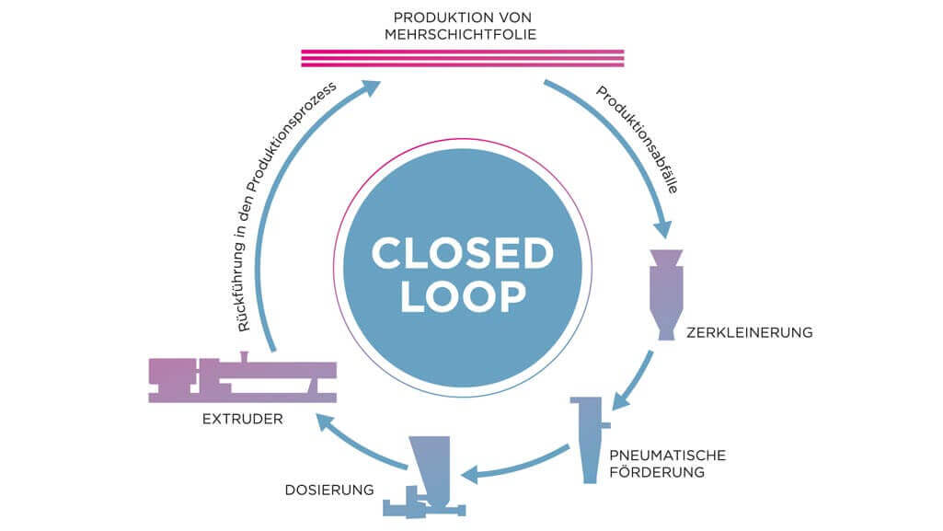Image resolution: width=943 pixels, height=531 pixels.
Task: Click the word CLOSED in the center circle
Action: point(463,253)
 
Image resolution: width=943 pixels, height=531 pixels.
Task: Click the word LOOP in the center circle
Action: point(463,295)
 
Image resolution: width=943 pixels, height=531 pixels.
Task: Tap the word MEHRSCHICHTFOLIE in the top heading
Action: point(461,34)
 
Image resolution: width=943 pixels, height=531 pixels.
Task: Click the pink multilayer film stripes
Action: point(463,58)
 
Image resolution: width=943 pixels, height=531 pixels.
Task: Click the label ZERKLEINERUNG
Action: point(750,332)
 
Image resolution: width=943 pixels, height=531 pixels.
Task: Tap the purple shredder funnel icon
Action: point(666,294)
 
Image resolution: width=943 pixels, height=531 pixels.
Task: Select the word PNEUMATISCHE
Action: point(668,456)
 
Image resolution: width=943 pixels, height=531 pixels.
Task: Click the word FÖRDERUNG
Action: point(657,472)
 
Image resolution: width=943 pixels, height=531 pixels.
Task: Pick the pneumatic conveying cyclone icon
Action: point(590,440)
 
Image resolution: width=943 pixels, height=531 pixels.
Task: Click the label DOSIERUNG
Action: point(329,491)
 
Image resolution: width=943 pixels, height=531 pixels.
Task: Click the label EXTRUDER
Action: point(242,419)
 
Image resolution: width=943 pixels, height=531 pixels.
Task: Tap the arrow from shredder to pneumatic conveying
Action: point(634,381)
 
